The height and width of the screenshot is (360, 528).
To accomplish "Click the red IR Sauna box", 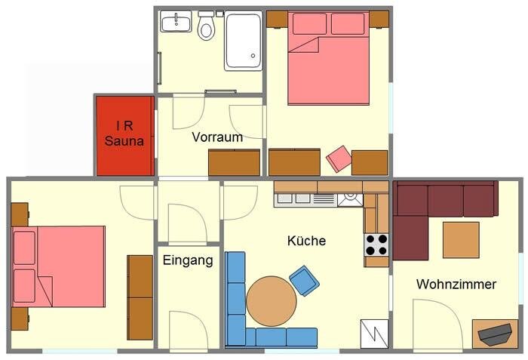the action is click(125, 136).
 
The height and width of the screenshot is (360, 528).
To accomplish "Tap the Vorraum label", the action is click(217, 137).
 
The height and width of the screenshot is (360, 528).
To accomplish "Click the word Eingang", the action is click(188, 260).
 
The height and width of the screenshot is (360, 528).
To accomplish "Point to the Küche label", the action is click(306, 241).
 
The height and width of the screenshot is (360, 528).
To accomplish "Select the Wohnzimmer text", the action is click(456, 285).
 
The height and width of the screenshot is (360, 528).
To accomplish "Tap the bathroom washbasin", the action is click(176, 21).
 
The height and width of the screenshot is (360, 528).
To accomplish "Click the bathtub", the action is click(244, 41).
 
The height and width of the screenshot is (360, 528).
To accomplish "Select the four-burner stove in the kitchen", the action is click(376, 245).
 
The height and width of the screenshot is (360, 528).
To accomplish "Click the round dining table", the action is click(272, 301).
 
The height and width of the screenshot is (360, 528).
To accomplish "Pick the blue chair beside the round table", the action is click(305, 281).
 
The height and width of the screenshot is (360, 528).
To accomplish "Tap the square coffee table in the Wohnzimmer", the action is click(461, 240).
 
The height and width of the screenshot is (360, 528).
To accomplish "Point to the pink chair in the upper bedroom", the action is click(339, 158).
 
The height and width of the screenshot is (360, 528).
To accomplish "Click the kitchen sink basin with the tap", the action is click(350, 199).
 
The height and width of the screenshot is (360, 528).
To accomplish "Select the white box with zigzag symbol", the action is click(374, 334).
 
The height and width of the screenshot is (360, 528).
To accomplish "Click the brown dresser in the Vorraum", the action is click(235, 162).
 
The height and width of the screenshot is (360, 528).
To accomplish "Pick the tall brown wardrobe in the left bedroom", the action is click(140, 297).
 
